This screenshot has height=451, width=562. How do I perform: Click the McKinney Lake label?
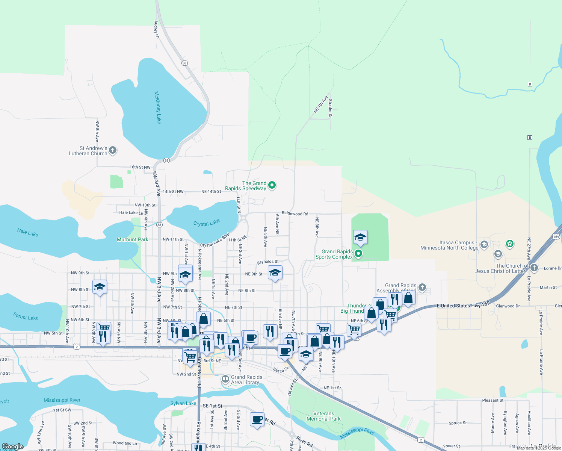[158, 107]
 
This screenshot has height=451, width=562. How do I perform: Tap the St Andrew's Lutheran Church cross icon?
[112, 151]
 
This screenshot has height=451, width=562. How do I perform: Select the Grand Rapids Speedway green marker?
[272, 185]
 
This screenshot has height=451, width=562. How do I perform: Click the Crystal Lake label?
[206, 223]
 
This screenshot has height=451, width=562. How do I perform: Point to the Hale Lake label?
[27, 233]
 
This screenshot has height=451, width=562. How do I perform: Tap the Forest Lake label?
[26, 317]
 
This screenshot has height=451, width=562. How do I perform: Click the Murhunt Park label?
[132, 239]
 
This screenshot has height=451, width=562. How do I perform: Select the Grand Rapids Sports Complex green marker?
[358, 254]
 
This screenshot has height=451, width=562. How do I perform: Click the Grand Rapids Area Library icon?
[225, 379]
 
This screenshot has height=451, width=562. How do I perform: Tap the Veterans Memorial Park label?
[323, 416]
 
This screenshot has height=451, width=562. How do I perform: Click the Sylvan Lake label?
[183, 403]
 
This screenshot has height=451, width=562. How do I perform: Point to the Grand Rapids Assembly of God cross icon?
[422, 288]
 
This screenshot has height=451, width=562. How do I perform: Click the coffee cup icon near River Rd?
[257, 419]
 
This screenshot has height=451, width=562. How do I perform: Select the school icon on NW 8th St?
[100, 287]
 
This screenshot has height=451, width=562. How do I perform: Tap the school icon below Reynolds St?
[275, 273]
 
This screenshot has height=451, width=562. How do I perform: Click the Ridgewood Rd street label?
[295, 213]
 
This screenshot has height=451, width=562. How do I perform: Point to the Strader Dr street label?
[330, 108]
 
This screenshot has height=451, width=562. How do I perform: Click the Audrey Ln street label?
[157, 29]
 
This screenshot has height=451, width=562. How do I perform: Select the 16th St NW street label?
[140, 167]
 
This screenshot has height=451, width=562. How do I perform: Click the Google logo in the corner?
[12, 446]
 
